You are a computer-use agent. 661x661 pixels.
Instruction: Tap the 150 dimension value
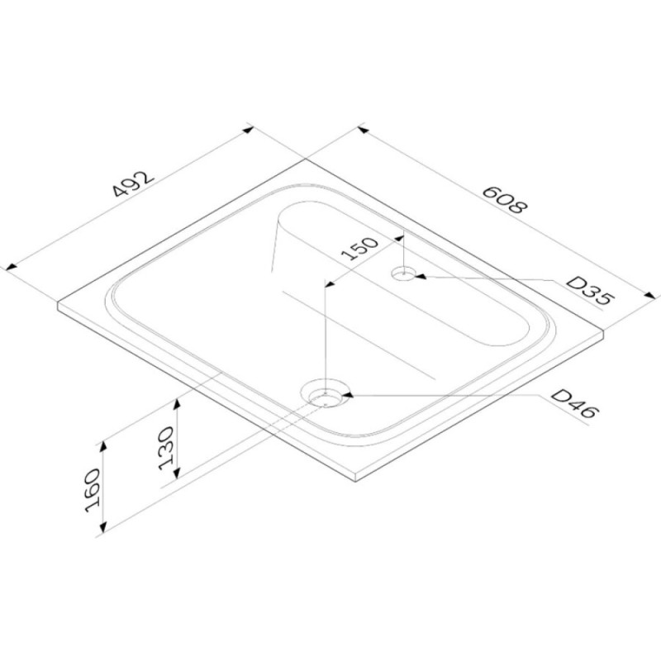pyautogui.click(x=359, y=249)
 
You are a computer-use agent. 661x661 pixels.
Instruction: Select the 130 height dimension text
pyautogui.click(x=166, y=448)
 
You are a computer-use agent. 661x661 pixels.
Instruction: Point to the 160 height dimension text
pyautogui.click(x=93, y=490)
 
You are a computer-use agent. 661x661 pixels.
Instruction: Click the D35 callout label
pyautogui.click(x=589, y=291)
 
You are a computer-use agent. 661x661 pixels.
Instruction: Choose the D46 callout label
pyautogui.click(x=574, y=403)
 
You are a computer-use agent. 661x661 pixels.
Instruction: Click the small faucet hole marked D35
pyautogui.click(x=404, y=273)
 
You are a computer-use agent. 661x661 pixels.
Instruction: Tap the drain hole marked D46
pyautogui.click(x=325, y=397)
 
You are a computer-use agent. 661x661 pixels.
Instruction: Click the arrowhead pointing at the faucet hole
pyautogui.click(x=421, y=277)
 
